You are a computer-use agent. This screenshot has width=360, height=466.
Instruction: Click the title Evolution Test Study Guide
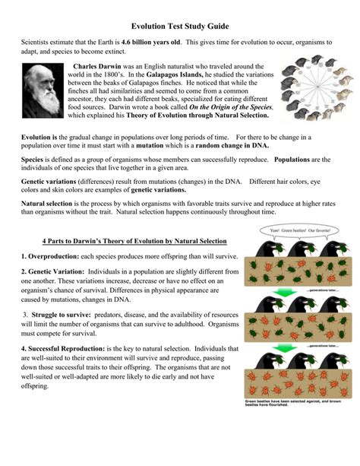180,25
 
